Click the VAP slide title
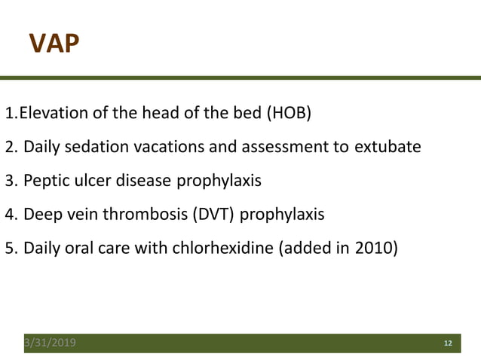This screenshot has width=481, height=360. pos(54,44)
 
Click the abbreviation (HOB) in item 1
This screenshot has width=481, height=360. pos(287,114)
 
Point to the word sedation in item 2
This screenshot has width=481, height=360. pos(90,147)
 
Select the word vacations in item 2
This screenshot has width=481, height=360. pos(155,147)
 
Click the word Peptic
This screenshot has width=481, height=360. pos(44,181)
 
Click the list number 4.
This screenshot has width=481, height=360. pos(11,215)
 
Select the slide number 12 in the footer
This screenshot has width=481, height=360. pos(447,343)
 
